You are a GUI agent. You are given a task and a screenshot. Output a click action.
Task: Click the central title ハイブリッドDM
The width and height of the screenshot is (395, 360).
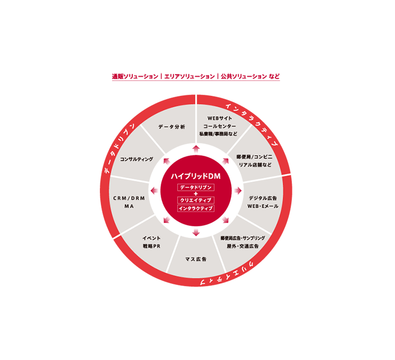pos(196,176)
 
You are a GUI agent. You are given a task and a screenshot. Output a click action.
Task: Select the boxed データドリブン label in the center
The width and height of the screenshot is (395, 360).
pos(196,187)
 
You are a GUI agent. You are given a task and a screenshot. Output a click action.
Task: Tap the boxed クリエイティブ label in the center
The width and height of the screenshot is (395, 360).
pos(196,200)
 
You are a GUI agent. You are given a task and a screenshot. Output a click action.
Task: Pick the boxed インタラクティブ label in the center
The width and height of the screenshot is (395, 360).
pos(196,208)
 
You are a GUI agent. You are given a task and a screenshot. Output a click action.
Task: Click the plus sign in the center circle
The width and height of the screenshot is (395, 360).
pos(196,194)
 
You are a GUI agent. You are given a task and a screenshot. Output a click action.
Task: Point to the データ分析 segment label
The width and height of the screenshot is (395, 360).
pos(172,127)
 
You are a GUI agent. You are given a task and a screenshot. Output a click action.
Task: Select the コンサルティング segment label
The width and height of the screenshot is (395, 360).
pos(137,159)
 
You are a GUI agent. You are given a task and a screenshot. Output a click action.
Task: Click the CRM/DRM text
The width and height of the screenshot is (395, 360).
pos(129,198)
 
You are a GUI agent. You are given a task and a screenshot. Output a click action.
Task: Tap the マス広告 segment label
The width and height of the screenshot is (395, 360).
pos(196,259)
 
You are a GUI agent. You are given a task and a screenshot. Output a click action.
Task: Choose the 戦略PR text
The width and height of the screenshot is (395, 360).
pos(151,246)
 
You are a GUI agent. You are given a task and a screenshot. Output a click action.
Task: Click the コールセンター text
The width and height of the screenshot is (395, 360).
pos(219,126)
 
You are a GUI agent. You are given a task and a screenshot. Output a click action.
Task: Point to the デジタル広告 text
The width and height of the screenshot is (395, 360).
pos(263,198)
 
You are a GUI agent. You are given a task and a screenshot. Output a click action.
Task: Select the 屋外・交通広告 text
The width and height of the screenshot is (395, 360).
pos(242,246)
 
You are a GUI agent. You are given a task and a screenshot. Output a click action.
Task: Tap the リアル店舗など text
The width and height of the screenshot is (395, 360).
pos(255,165)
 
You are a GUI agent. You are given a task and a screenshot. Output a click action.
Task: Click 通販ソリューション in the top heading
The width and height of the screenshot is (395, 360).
pos(135,77)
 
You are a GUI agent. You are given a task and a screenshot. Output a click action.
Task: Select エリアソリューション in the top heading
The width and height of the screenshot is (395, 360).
pos(189,77)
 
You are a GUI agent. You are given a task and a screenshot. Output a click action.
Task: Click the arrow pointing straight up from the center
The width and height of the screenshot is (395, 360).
pos(196,149)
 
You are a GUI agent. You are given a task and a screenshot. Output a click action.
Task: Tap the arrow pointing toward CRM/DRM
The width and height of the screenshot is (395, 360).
pos(154,191)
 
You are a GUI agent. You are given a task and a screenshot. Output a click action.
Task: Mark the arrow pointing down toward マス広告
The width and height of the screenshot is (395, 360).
pos(196,232)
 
